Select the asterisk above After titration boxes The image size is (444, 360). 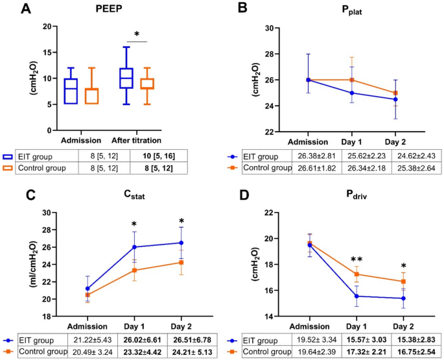[137, 34]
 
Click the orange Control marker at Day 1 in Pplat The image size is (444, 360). [351, 80]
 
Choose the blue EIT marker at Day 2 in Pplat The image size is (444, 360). [394, 99]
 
